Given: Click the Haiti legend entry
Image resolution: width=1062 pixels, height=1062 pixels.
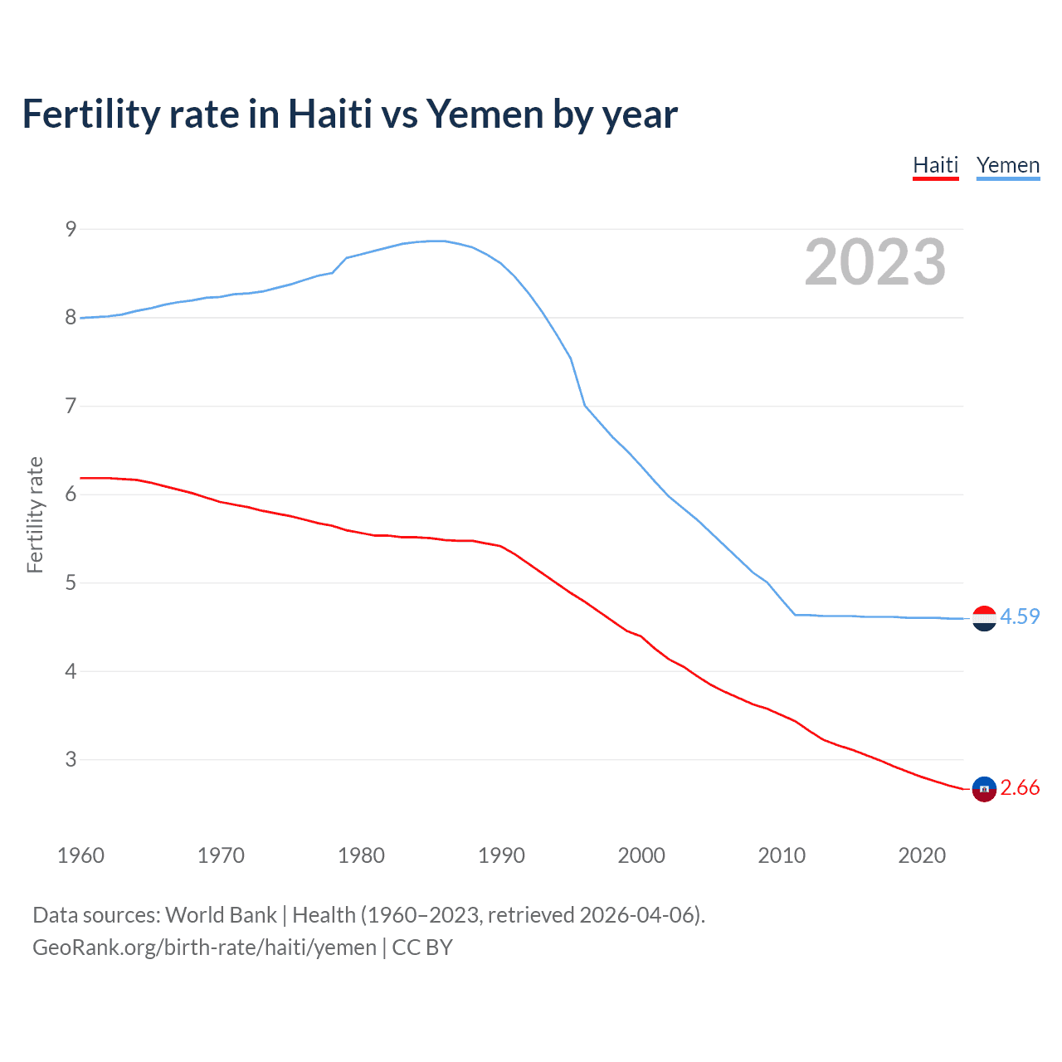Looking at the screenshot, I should (x=935, y=165).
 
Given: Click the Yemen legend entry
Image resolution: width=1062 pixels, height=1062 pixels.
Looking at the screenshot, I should (x=1007, y=165).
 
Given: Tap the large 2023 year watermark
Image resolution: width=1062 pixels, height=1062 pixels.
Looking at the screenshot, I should (x=874, y=262).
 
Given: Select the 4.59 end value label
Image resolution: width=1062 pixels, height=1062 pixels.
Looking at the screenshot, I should (x=1020, y=616).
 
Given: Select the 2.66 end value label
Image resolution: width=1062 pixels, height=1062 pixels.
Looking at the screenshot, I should (x=1020, y=787).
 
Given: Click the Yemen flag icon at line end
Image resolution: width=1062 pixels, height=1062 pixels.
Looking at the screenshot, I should (x=984, y=618).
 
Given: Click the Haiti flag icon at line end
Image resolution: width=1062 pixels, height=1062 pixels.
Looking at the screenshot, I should (x=984, y=789).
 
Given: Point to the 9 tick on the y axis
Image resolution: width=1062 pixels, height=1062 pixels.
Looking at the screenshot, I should (x=71, y=229).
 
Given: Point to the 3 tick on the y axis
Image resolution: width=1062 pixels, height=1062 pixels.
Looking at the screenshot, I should (x=71, y=759).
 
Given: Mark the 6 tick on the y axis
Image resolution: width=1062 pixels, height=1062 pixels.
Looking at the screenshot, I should (x=71, y=494).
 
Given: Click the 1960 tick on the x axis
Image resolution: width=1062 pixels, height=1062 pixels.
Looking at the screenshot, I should (x=80, y=855).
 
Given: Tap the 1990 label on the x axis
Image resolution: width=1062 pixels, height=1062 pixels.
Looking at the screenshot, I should (x=501, y=855).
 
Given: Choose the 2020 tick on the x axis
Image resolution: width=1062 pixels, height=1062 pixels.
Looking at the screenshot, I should (x=922, y=855).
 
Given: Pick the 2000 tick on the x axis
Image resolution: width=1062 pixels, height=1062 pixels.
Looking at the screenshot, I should (x=641, y=855).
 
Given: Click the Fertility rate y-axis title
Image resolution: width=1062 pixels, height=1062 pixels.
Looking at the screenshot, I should (x=35, y=514).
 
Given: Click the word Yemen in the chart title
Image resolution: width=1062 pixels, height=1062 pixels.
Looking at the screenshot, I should (x=485, y=114).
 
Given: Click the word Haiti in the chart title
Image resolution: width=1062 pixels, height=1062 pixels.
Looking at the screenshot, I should (x=329, y=114).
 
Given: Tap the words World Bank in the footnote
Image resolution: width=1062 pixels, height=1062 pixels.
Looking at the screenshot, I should (x=221, y=915).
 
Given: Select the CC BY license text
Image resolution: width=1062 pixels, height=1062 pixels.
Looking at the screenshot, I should (x=422, y=948).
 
